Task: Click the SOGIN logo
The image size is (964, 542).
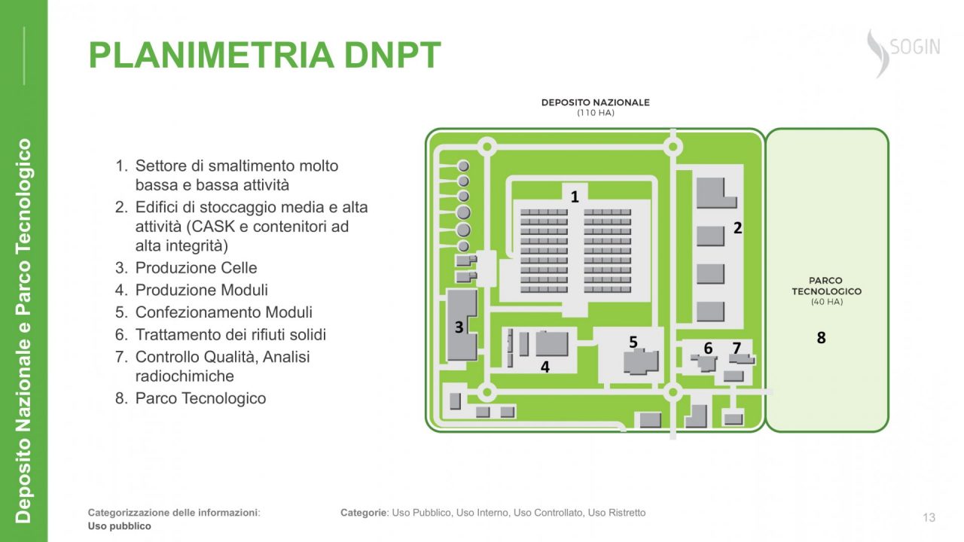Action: (x=904, y=53)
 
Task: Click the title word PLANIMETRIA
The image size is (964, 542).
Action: (x=212, y=55)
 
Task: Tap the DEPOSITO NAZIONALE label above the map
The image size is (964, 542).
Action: (x=595, y=102)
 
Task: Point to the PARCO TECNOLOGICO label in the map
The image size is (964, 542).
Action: (x=826, y=286)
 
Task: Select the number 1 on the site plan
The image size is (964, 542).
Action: (x=575, y=197)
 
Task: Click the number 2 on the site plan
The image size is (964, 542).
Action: (x=737, y=228)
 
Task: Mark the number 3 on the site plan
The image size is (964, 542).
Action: (x=459, y=327)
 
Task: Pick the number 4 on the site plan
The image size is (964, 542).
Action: (x=545, y=367)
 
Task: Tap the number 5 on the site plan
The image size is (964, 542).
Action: (x=633, y=342)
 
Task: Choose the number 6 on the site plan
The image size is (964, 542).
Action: (x=708, y=348)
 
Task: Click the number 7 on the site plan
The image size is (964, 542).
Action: (x=737, y=348)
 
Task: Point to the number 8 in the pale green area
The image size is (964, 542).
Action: (x=821, y=338)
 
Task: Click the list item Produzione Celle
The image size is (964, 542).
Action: (x=196, y=267)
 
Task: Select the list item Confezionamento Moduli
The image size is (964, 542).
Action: (x=224, y=312)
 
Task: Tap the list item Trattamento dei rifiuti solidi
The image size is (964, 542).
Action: (x=230, y=334)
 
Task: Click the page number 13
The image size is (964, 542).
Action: (x=929, y=517)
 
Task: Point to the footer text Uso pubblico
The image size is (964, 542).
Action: (x=119, y=526)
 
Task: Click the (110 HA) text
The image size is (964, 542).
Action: (x=595, y=113)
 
